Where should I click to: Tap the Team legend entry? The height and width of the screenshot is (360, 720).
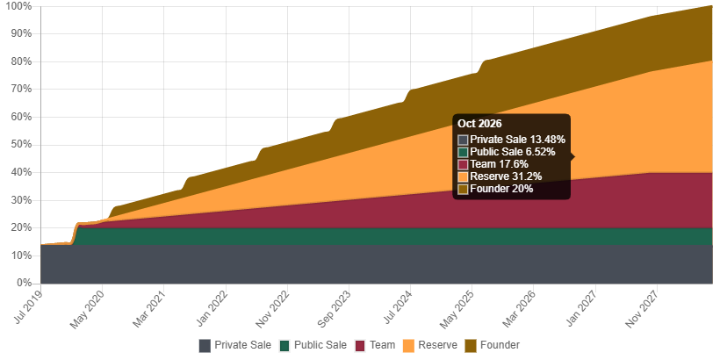tap(375, 345)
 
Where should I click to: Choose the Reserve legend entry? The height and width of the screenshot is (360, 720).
tap(430, 345)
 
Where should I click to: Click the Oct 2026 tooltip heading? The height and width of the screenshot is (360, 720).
tap(479, 124)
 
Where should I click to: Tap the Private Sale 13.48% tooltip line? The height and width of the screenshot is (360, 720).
tap(517, 140)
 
